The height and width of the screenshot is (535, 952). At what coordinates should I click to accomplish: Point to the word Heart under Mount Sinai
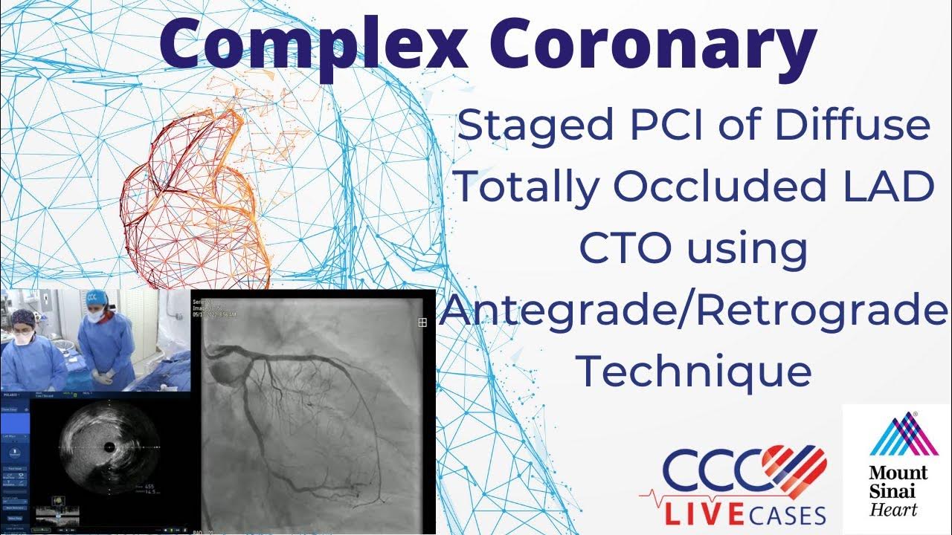pyautogui.click(x=895, y=510)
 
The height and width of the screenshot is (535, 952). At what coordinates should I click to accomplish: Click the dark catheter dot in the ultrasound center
pyautogui.click(x=110, y=447)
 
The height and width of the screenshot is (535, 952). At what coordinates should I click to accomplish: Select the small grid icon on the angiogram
pyautogui.click(x=422, y=322)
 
